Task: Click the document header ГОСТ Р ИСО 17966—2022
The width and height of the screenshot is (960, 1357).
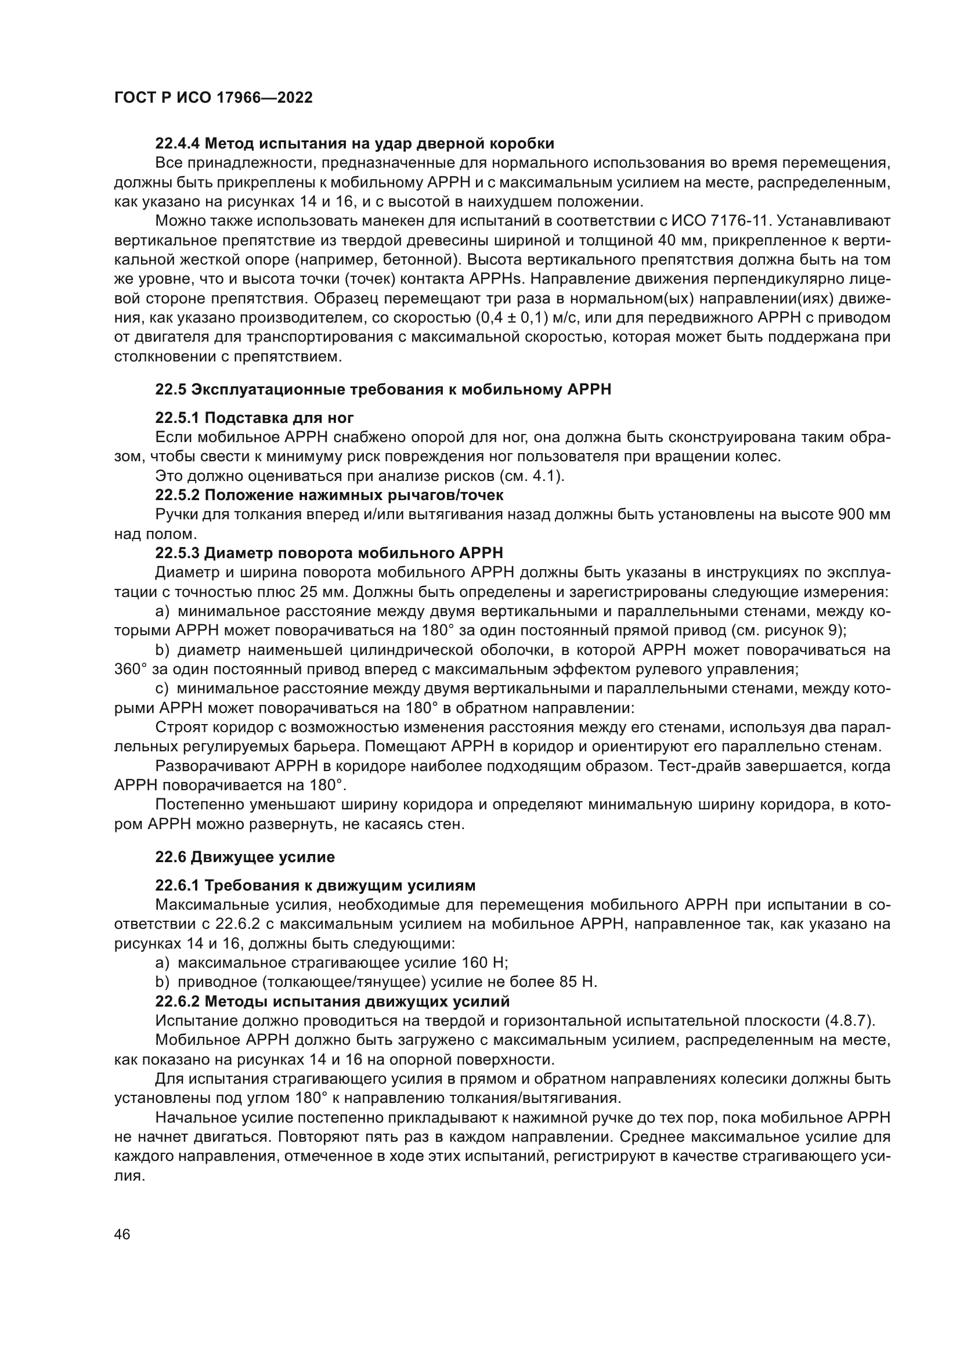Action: [214, 98]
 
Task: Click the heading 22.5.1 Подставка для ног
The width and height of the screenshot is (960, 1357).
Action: [254, 418]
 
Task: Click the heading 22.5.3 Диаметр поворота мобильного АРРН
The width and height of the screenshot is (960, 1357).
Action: [329, 553]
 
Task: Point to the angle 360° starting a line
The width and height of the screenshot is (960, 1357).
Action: [130, 670]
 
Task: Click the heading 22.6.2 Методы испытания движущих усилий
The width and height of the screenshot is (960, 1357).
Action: [332, 1002]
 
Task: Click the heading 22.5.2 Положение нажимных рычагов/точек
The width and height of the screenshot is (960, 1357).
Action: [329, 495]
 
